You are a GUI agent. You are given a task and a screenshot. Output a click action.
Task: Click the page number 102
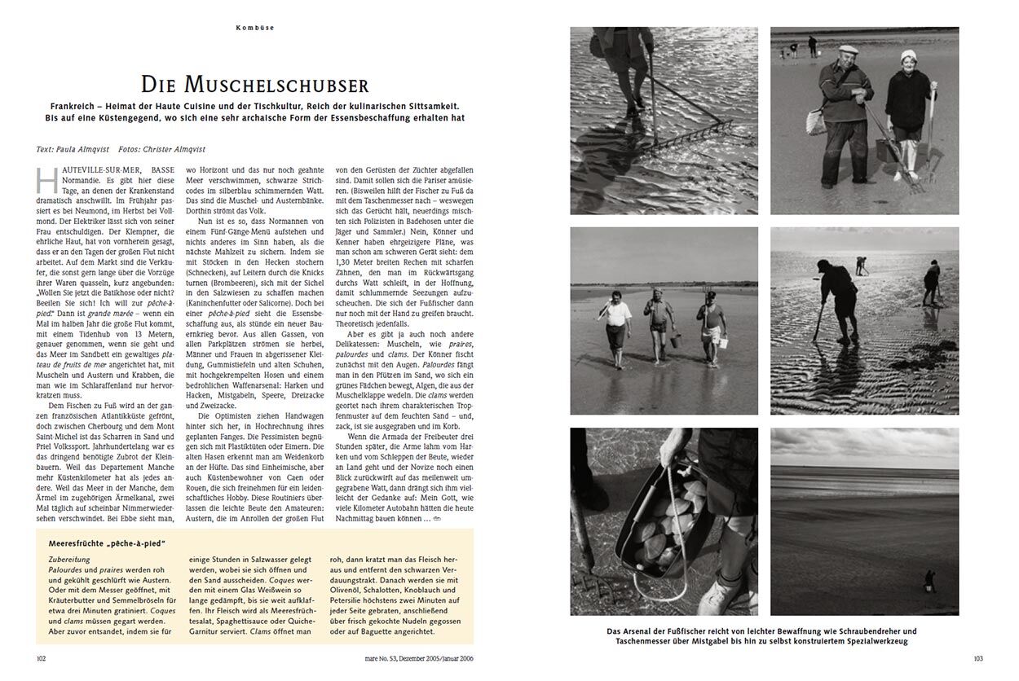click(42, 659)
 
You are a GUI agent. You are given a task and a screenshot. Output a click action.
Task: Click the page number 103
click(979, 659)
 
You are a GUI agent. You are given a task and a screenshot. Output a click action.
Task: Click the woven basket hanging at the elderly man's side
click(815, 122)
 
